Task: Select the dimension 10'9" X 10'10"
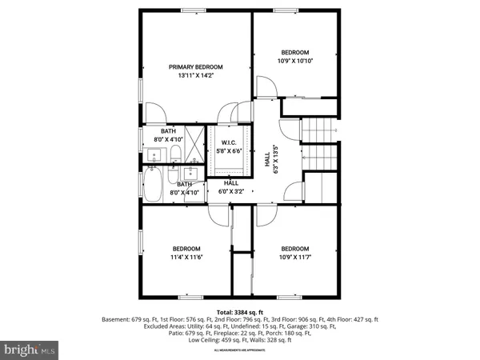click(294, 61)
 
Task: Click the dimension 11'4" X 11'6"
click(186, 258)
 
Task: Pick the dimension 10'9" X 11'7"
click(294, 258)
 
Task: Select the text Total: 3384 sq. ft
click(240, 312)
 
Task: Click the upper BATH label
click(168, 131)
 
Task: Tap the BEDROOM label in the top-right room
click(294, 53)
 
